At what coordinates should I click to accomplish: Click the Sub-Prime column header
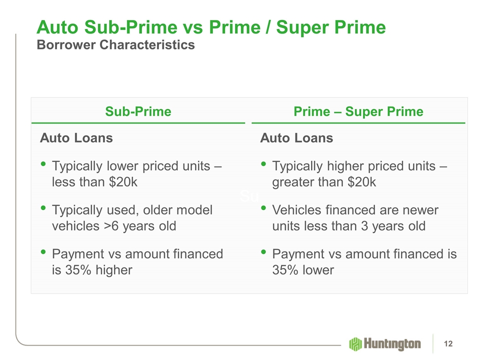[x=138, y=111]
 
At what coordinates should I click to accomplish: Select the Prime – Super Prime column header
[x=358, y=111]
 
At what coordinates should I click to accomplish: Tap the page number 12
[x=448, y=344]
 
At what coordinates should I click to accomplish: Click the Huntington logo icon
[x=355, y=344]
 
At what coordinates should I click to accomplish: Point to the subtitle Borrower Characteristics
[x=115, y=44]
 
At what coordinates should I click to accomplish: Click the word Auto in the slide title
[x=57, y=27]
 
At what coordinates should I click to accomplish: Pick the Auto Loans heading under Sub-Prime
[x=76, y=138]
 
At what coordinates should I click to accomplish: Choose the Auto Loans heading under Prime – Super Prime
[x=296, y=138]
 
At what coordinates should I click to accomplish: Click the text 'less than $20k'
[x=94, y=182]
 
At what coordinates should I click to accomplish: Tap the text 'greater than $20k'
[x=324, y=182]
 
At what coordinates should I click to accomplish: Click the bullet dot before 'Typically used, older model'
[x=43, y=208]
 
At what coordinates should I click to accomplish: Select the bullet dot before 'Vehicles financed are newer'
[x=263, y=208]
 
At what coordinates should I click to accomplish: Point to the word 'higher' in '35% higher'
[x=114, y=270]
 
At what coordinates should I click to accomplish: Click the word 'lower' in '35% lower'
[x=318, y=270]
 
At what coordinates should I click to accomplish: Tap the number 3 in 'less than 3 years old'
[x=364, y=226]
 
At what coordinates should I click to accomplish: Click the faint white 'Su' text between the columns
[x=249, y=196]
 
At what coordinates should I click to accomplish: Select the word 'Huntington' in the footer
[x=392, y=344]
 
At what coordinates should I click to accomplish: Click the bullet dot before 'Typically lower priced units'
[x=43, y=164]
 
